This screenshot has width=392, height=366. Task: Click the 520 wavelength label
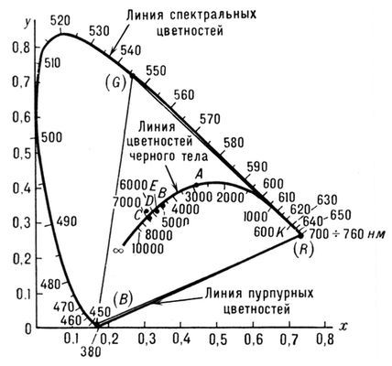click(61, 19)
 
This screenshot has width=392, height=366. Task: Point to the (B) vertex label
click(120, 297)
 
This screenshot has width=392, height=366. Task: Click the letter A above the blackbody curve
click(197, 173)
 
